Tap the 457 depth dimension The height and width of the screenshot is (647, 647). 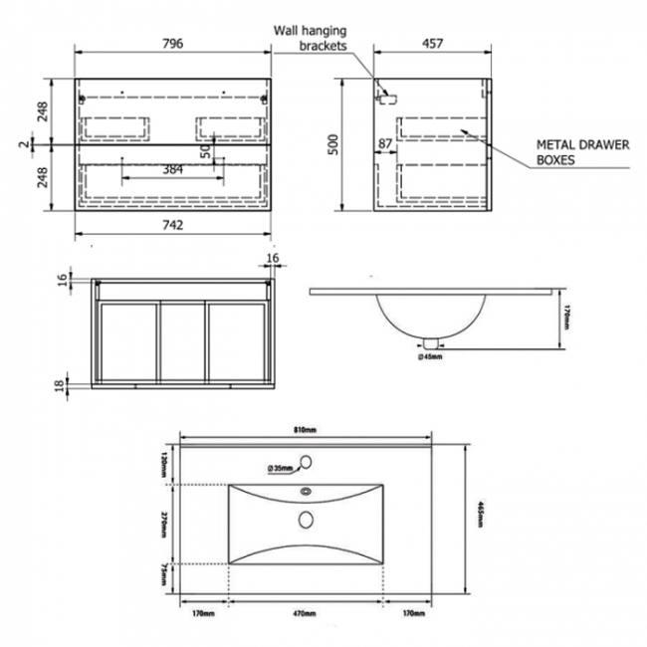(432, 44)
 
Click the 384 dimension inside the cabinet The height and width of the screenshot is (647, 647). (172, 170)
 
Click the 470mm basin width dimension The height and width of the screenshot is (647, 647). (305, 614)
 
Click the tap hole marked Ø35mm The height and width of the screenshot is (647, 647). (306, 462)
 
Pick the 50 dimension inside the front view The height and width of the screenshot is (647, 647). (206, 149)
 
